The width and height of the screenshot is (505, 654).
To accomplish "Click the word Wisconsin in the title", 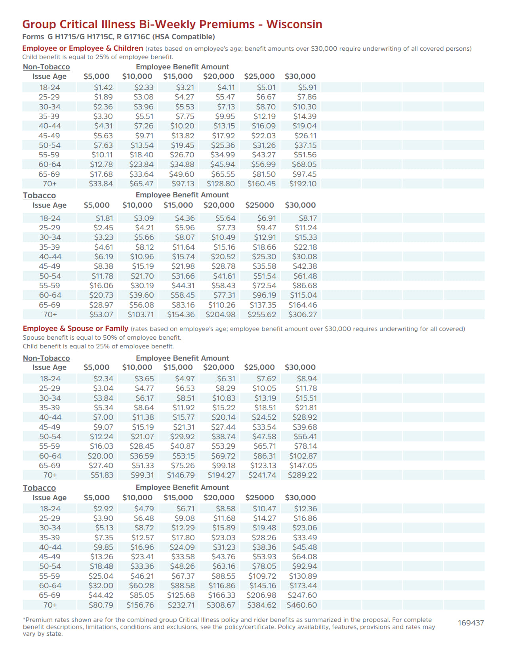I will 294,25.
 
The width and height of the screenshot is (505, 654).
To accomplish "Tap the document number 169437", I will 471,623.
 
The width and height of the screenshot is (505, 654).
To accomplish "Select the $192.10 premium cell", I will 303,184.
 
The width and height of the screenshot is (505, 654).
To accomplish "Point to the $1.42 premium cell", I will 103,88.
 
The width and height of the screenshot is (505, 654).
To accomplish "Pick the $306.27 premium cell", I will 303,315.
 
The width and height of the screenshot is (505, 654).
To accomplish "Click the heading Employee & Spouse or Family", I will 75,329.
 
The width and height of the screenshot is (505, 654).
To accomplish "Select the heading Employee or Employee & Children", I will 82,48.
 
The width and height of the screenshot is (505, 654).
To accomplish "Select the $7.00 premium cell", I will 103,417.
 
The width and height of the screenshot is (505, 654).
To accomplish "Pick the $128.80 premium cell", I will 221,184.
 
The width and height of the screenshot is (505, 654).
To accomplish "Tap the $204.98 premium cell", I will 220,315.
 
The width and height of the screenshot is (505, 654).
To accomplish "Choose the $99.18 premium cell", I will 223,466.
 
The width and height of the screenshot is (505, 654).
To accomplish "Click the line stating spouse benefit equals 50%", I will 102,338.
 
